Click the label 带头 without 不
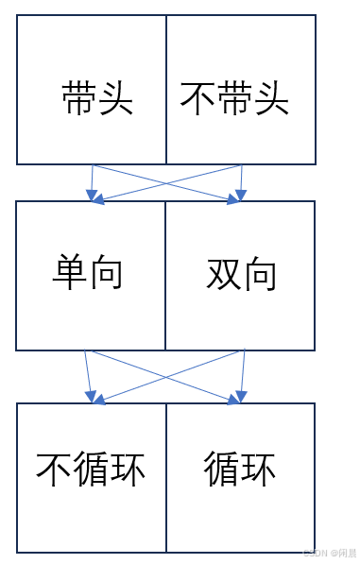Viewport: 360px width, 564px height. click(97, 98)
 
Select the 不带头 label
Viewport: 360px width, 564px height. click(234, 98)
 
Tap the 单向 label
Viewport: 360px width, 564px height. click(87, 273)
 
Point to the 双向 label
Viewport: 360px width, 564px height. click(242, 274)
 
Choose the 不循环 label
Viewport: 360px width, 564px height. click(91, 468)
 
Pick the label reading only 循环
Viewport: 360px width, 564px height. click(240, 468)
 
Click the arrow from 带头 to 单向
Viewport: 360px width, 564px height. click(92, 183)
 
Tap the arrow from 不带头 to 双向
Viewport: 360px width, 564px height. click(241, 183)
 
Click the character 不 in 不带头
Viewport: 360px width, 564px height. click(197, 98)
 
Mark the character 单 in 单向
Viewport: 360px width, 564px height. click(68, 273)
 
